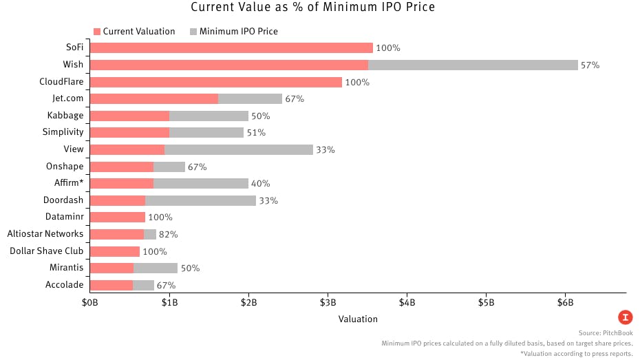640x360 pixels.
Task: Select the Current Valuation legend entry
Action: [134, 32]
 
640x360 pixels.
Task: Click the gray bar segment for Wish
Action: [473, 65]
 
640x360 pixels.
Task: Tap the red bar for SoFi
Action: [231, 48]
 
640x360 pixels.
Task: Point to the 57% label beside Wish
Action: [590, 65]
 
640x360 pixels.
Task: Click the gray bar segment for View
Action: [239, 149]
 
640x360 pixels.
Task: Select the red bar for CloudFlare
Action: [216, 82]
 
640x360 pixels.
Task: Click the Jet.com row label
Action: [67, 98]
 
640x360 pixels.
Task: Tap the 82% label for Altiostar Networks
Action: [169, 234]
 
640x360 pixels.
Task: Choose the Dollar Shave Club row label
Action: [46, 251]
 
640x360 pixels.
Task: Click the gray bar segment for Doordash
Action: [200, 200]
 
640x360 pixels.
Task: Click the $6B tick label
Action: [565, 303]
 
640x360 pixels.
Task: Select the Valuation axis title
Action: [358, 319]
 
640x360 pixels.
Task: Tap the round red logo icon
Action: [625, 317]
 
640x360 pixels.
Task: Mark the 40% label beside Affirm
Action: [260, 184]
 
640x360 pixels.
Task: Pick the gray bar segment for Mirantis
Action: [156, 268]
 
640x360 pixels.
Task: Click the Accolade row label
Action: [65, 284]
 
